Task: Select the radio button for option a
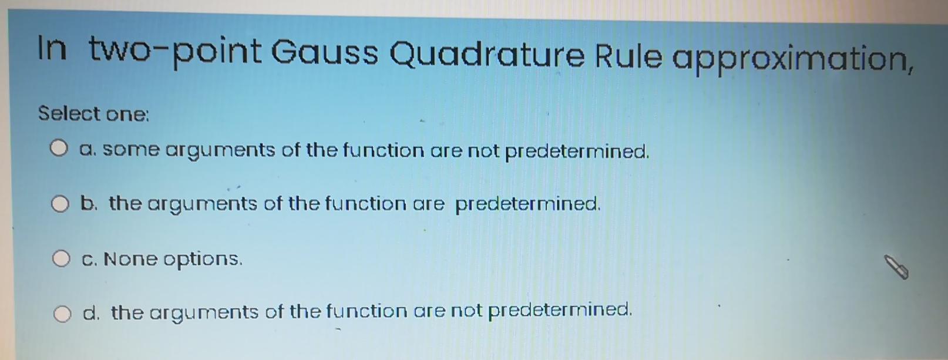coord(58,149)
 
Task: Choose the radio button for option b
coord(59,204)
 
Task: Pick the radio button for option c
coord(61,258)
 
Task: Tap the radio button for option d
coord(62,314)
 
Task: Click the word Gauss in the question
coord(325,52)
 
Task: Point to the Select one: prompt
coord(94,113)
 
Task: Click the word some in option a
coord(130,150)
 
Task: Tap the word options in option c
coord(202,259)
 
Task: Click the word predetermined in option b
coord(527,204)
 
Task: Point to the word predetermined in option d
coord(560,309)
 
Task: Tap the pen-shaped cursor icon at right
coord(897,267)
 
